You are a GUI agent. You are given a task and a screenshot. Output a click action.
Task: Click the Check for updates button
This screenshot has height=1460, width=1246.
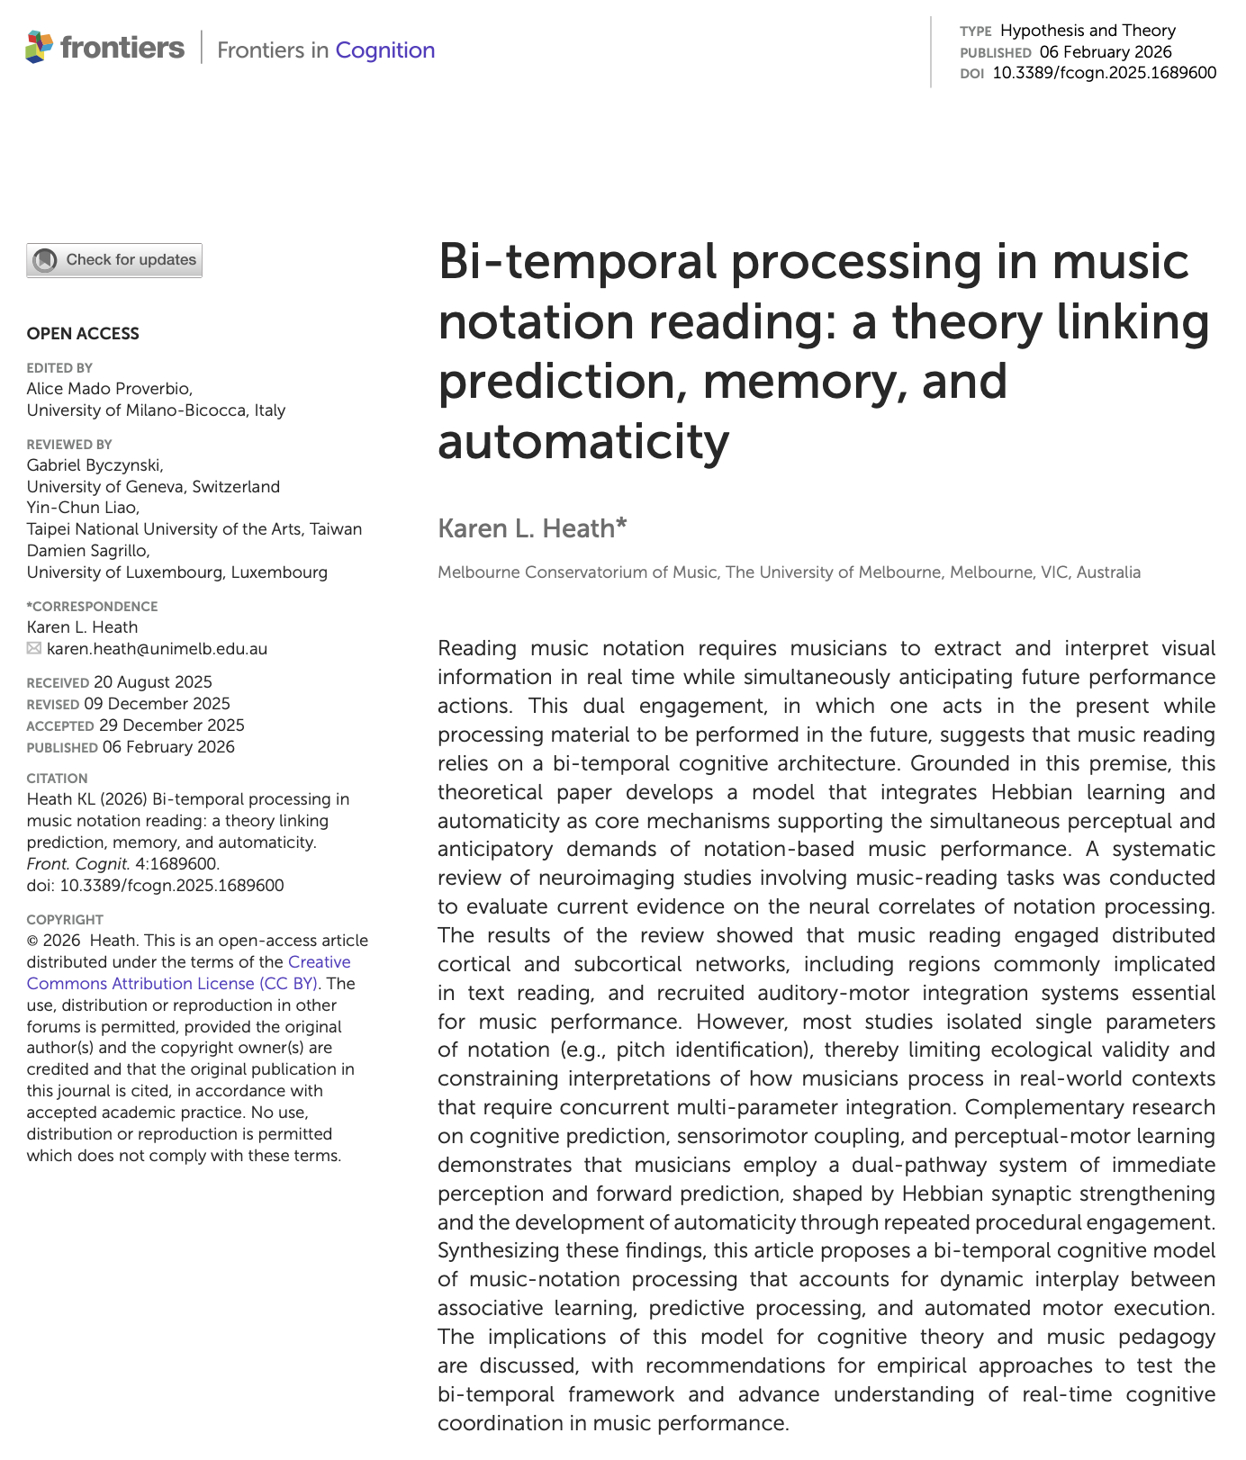pos(114,260)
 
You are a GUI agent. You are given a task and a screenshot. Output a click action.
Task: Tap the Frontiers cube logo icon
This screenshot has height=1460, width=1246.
pos(39,47)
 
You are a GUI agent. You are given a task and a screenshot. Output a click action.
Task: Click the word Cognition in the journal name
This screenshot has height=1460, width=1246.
pos(384,50)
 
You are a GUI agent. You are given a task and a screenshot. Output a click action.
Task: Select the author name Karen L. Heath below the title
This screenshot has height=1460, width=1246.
pos(531,528)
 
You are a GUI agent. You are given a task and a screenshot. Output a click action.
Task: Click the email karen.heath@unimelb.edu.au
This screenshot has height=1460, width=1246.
pos(157,649)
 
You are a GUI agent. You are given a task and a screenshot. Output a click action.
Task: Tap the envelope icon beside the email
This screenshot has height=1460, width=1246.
pos(34,649)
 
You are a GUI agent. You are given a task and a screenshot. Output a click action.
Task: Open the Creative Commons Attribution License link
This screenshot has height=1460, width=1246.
pos(189,973)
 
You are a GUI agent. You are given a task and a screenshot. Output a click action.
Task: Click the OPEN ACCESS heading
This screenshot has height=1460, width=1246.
pos(83,334)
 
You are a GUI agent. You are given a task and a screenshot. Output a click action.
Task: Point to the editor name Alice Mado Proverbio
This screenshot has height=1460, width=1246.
pos(109,389)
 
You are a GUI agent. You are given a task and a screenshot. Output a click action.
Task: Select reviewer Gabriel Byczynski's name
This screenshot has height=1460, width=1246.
pos(95,465)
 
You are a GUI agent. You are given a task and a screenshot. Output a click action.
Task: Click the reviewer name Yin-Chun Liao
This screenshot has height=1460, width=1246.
pos(83,508)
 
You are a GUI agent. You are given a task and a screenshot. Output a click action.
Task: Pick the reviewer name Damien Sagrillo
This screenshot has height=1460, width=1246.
pos(88,551)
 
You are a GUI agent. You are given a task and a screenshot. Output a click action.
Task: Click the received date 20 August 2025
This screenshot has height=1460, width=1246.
pos(153,682)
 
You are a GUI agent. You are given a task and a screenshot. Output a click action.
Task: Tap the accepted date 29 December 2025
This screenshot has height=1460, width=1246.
pos(171,725)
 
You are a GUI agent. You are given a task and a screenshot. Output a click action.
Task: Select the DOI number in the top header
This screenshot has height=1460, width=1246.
pos(1104,73)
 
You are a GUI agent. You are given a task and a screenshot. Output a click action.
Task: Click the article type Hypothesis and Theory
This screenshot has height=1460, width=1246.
pos(1088,31)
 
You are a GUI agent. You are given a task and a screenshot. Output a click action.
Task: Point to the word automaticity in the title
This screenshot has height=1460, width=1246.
pos(583,441)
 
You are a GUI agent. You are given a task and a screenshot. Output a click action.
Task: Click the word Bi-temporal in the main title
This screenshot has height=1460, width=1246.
pos(576,262)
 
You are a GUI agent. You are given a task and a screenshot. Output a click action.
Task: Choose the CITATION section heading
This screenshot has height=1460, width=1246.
pos(58,779)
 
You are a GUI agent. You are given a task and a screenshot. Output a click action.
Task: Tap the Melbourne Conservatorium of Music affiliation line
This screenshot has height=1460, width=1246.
pos(789,572)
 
